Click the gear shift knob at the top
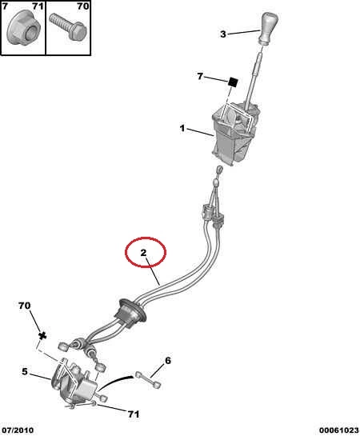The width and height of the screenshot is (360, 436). coord(268,28)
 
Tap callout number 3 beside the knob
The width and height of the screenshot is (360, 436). coord(223,34)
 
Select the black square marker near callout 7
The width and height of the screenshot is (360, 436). coord(233,82)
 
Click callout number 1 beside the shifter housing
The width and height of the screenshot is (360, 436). coord(182,129)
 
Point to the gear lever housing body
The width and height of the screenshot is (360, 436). coord(235,134)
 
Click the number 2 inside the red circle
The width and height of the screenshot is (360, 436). coord(143,253)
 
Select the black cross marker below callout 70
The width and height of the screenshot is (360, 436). coord(42,336)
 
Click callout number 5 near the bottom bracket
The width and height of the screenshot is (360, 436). coord(25,371)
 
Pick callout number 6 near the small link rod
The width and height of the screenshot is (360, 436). coord(168,361)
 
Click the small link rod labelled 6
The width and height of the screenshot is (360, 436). coord(148,380)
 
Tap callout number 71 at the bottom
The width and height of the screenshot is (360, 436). coord(134,414)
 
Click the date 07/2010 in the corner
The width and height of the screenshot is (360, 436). coord(18,430)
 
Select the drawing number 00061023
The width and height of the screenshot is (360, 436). coord(338,430)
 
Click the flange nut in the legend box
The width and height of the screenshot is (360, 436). coord(24,28)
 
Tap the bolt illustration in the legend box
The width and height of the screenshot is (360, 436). coord(68,27)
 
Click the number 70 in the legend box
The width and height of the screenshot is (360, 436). coord(83,6)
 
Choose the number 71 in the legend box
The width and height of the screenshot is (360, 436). coord(38,6)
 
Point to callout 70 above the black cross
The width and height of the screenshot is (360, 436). coord(25,306)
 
